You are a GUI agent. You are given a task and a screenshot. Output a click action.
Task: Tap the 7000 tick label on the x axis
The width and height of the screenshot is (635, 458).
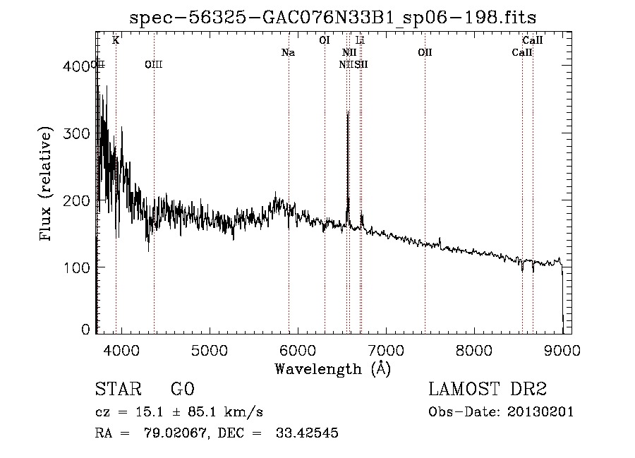point(386,350)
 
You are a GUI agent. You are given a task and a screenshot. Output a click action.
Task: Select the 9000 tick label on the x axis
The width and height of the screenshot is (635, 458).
point(562,350)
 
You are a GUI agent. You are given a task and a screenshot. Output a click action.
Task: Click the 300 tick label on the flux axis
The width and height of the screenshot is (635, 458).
point(77,133)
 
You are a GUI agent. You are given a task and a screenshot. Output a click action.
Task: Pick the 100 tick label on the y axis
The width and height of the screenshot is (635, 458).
point(77,267)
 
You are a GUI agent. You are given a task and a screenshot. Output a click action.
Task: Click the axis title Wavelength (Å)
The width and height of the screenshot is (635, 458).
point(332,368)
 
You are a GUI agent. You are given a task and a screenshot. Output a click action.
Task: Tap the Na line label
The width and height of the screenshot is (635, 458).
point(288,53)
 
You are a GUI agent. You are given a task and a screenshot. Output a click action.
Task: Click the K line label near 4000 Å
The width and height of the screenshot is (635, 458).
point(116,41)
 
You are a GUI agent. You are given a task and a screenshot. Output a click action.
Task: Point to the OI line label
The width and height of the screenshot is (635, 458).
point(325,41)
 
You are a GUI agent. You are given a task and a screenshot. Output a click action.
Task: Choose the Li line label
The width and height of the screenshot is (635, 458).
point(360,41)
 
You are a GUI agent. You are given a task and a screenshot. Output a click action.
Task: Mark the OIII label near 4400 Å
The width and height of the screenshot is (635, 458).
point(153,64)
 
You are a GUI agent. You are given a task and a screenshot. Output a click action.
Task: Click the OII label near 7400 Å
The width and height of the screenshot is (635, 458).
point(425,53)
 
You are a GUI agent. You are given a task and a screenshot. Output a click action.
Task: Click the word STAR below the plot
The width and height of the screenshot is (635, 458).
point(118,389)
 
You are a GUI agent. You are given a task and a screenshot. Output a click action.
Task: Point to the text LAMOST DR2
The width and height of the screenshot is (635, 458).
point(488,389)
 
